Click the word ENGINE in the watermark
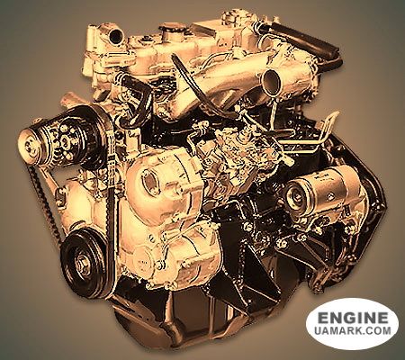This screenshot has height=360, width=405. pos(353,318)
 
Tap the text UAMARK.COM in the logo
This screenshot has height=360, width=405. pos(353,330)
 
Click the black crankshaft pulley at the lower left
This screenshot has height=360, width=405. pos(85,262)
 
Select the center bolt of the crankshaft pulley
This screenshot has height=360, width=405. pos(84,264)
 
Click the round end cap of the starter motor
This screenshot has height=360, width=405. pos(296,196)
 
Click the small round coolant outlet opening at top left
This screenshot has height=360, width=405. pos(115,35)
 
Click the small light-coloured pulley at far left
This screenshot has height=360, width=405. pos(31,147)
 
